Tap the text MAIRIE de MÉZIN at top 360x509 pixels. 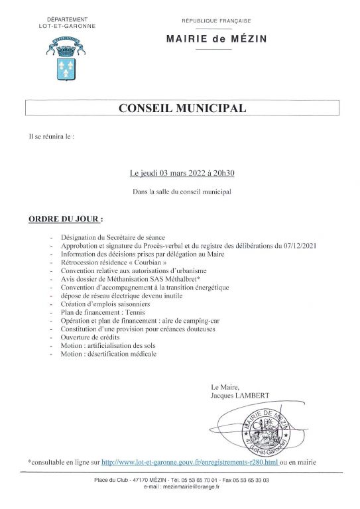click(217, 39)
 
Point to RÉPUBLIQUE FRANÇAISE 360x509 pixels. click(217, 21)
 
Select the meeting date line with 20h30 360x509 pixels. click(182, 173)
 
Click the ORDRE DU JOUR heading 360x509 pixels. click(65, 218)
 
